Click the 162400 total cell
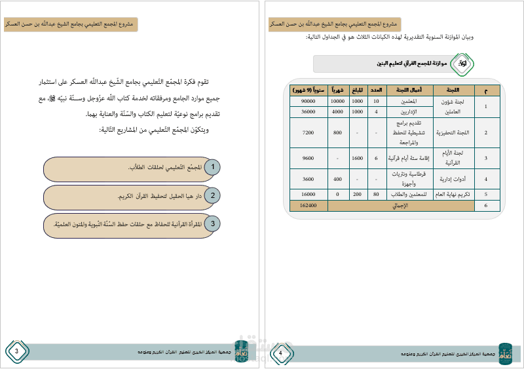coord(308,206)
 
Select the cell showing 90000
coord(308,102)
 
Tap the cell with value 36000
coord(308,112)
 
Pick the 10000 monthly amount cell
coord(338,102)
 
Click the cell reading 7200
coord(308,132)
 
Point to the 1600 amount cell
coord(358,158)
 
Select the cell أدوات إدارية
coord(453,179)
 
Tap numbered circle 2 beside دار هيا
coord(212,195)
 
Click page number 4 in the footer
coord(280,353)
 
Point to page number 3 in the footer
coord(16,353)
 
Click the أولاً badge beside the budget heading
coord(463,64)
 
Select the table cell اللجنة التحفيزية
coord(453,132)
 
